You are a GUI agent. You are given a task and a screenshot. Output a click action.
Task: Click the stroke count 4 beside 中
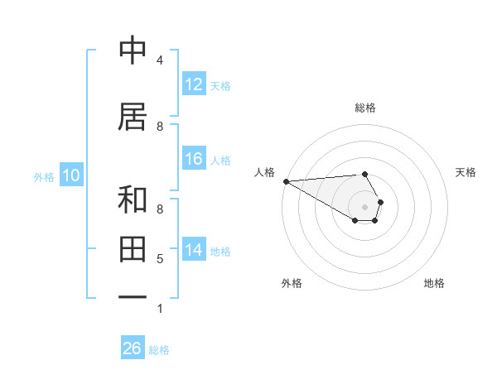pos(159,60)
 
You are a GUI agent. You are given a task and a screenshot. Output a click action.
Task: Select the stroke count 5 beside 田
pos(159,259)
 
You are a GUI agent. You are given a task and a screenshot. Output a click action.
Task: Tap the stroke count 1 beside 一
pos(159,309)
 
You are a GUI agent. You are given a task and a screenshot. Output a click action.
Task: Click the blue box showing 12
pos(194,84)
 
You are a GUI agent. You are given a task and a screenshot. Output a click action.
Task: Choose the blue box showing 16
pos(194,159)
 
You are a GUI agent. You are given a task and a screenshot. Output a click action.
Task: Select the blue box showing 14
pos(194,250)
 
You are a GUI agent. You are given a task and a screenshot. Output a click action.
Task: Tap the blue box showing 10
pos(71,175)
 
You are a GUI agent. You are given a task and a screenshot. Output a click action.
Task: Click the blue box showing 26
pos(133,348)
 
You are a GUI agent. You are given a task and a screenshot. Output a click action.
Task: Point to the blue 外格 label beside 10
pos(44,176)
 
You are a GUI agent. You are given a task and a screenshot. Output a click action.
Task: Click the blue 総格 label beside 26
pos(159,350)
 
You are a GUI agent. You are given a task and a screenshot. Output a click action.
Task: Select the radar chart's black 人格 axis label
pos(264,172)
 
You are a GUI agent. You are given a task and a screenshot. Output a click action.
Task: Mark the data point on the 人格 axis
pos(286,181)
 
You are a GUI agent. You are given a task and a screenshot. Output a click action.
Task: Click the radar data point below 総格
pos(364,175)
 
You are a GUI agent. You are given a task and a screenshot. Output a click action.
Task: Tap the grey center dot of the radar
pos(364,207)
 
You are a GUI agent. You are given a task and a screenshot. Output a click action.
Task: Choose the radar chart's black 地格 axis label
pos(434,283)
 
